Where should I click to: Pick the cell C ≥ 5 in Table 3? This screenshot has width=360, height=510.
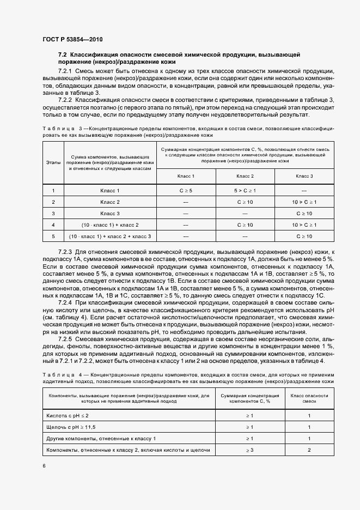coord(186,191)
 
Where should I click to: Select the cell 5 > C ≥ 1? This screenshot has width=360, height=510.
coord(245,191)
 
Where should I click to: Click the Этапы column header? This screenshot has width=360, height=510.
coord(53,162)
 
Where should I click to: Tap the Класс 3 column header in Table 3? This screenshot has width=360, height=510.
coord(304,177)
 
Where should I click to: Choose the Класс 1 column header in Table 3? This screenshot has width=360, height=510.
coord(186,177)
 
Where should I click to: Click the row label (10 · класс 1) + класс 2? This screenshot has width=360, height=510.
coord(110,224)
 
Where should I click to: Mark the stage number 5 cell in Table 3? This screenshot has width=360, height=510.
coord(53,236)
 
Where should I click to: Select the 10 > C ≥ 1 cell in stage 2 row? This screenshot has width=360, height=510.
coord(304,202)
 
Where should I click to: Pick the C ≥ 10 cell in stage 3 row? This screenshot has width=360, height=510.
coord(304,214)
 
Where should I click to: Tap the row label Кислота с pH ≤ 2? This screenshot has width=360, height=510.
coord(68,415)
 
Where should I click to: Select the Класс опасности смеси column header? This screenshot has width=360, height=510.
coord(309,399)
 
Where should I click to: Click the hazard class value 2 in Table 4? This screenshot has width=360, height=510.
coord(309,450)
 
